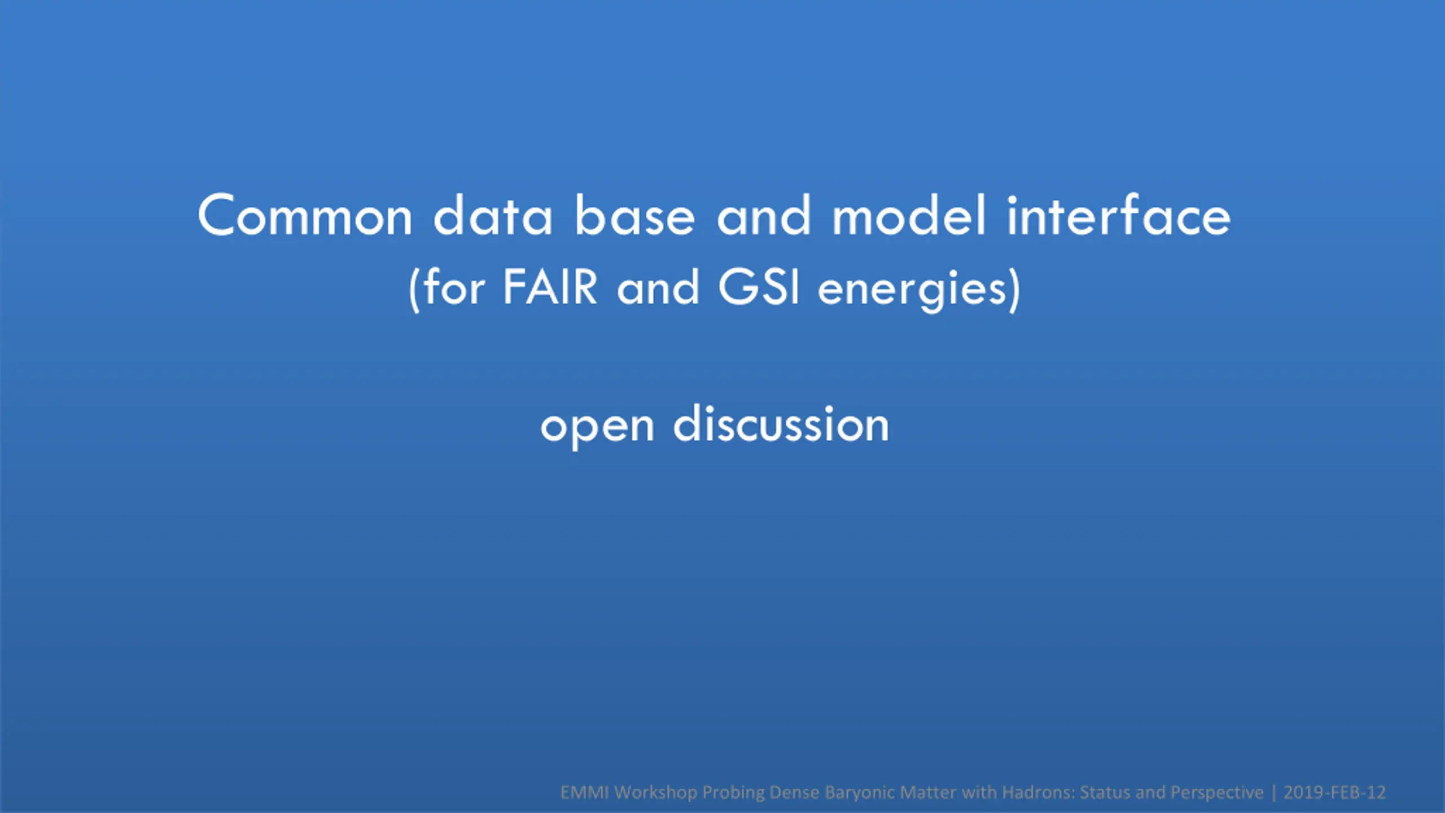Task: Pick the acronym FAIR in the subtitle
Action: (x=550, y=287)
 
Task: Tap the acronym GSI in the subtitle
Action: (x=759, y=287)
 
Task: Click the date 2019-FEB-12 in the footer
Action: (x=1334, y=793)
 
